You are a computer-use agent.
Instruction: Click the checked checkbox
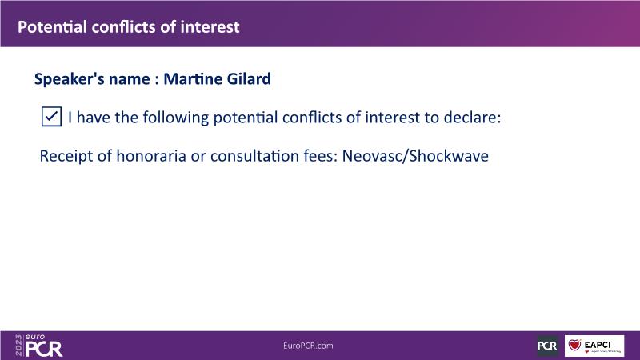51,117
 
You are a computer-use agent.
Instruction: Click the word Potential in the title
52,27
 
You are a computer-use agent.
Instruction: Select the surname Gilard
249,78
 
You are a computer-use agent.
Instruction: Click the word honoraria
151,155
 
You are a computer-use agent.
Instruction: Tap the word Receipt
66,156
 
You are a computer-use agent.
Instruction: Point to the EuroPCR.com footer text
308,346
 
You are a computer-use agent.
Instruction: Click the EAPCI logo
594,346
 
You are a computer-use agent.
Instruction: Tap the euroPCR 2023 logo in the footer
39,346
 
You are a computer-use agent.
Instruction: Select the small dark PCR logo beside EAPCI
547,346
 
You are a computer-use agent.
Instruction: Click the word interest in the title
210,27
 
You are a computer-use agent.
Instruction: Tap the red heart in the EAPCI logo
574,345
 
